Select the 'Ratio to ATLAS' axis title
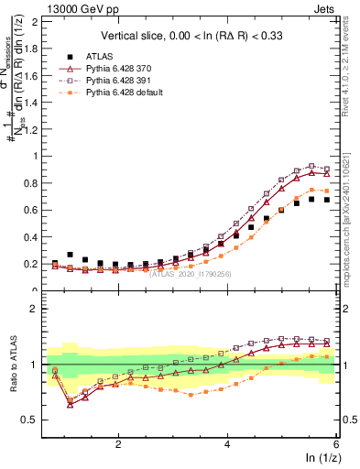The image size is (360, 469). [13, 365]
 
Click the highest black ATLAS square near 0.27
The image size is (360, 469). [70, 255]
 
